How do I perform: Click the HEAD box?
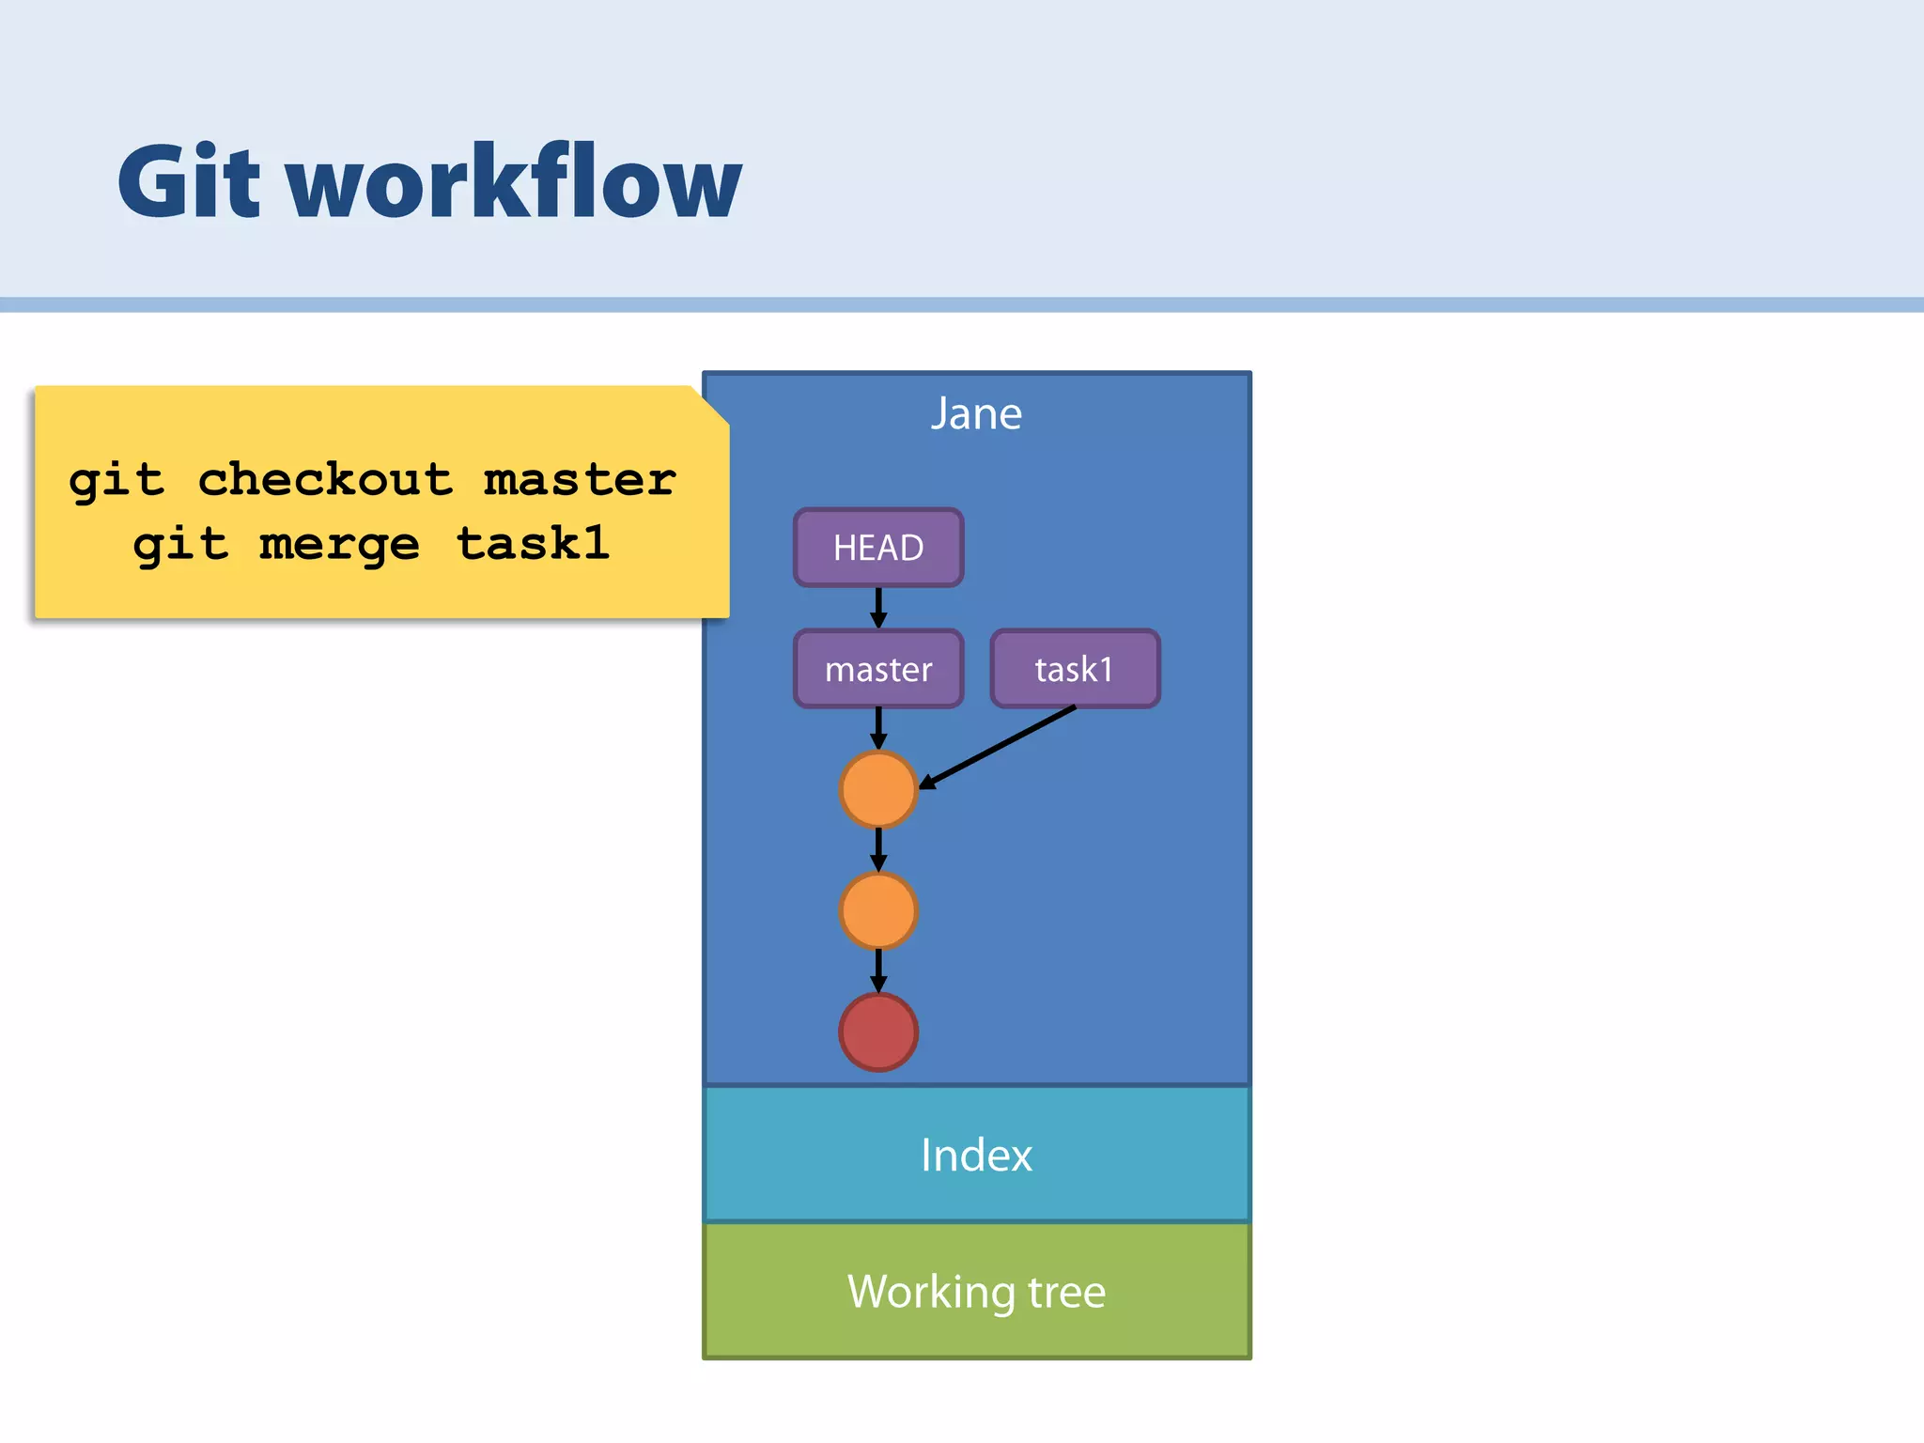[878, 548]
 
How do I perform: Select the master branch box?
[878, 669]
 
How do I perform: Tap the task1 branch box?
[1075, 669]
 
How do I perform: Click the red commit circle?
[878, 1032]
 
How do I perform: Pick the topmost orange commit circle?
[878, 789]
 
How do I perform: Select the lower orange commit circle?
[878, 910]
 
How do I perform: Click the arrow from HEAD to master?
[878, 608]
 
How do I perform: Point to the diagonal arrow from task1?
[998, 747]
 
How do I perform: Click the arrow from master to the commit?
[878, 728]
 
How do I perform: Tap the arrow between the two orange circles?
[878, 849]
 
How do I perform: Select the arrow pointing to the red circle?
[878, 970]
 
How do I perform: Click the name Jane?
[976, 413]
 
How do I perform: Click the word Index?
[976, 1155]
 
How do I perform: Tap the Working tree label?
[976, 1292]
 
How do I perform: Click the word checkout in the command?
[325, 480]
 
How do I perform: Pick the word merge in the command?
[339, 544]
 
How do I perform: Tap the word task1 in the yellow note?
[533, 544]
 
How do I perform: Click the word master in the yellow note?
[580, 480]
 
